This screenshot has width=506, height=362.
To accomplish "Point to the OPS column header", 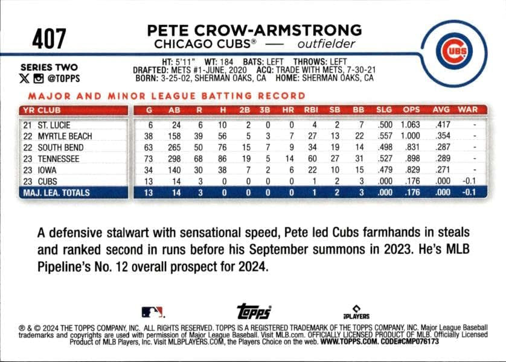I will [411, 110].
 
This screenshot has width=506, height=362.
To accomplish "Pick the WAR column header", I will [467, 110].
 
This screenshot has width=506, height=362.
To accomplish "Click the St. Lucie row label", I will [54, 125].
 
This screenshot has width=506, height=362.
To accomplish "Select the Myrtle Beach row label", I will [65, 136].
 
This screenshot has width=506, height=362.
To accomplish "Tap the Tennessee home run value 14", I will [289, 159].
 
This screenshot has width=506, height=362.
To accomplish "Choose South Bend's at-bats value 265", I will [175, 147].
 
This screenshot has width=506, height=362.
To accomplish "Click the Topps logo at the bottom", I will [254, 311].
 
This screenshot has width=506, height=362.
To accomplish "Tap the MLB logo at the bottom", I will [152, 312].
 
